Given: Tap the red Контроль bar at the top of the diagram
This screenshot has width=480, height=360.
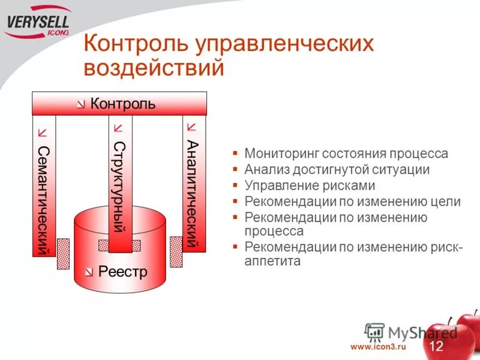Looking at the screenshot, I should point(119,103).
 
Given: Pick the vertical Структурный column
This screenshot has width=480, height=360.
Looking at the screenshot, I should point(119,186).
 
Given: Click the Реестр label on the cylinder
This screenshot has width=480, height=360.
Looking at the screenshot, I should point(122,272).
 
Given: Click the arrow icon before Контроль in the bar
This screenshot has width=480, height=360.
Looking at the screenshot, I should point(81,104).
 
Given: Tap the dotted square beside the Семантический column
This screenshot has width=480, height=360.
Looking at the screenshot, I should point(63,254).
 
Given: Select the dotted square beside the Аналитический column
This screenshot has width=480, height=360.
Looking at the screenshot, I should point(176,251).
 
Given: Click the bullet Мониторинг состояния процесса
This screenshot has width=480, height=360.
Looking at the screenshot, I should point(346,154).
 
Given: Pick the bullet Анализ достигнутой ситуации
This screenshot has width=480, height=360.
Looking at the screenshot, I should point(337,170).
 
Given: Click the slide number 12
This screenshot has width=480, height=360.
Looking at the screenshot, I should point(436,346).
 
